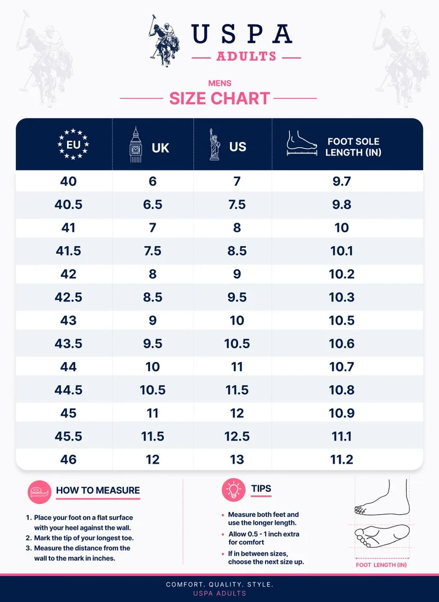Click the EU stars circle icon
point(73,144)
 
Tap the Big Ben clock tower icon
point(136,145)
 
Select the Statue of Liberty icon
point(215,145)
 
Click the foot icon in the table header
point(302,143)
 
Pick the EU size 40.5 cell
point(68,204)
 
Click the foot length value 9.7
point(342,181)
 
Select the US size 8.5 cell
point(237,250)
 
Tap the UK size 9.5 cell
point(153,343)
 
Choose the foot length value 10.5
point(342,320)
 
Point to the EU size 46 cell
point(68,459)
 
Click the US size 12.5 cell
point(237,436)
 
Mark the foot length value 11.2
point(342,459)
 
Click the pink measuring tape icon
point(40,492)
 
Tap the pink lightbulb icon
point(234,490)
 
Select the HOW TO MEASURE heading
point(98,490)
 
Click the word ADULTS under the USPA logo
point(246,57)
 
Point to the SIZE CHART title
point(219,98)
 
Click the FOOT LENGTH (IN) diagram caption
point(381,565)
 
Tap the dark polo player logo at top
point(165,41)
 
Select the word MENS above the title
point(219,83)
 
